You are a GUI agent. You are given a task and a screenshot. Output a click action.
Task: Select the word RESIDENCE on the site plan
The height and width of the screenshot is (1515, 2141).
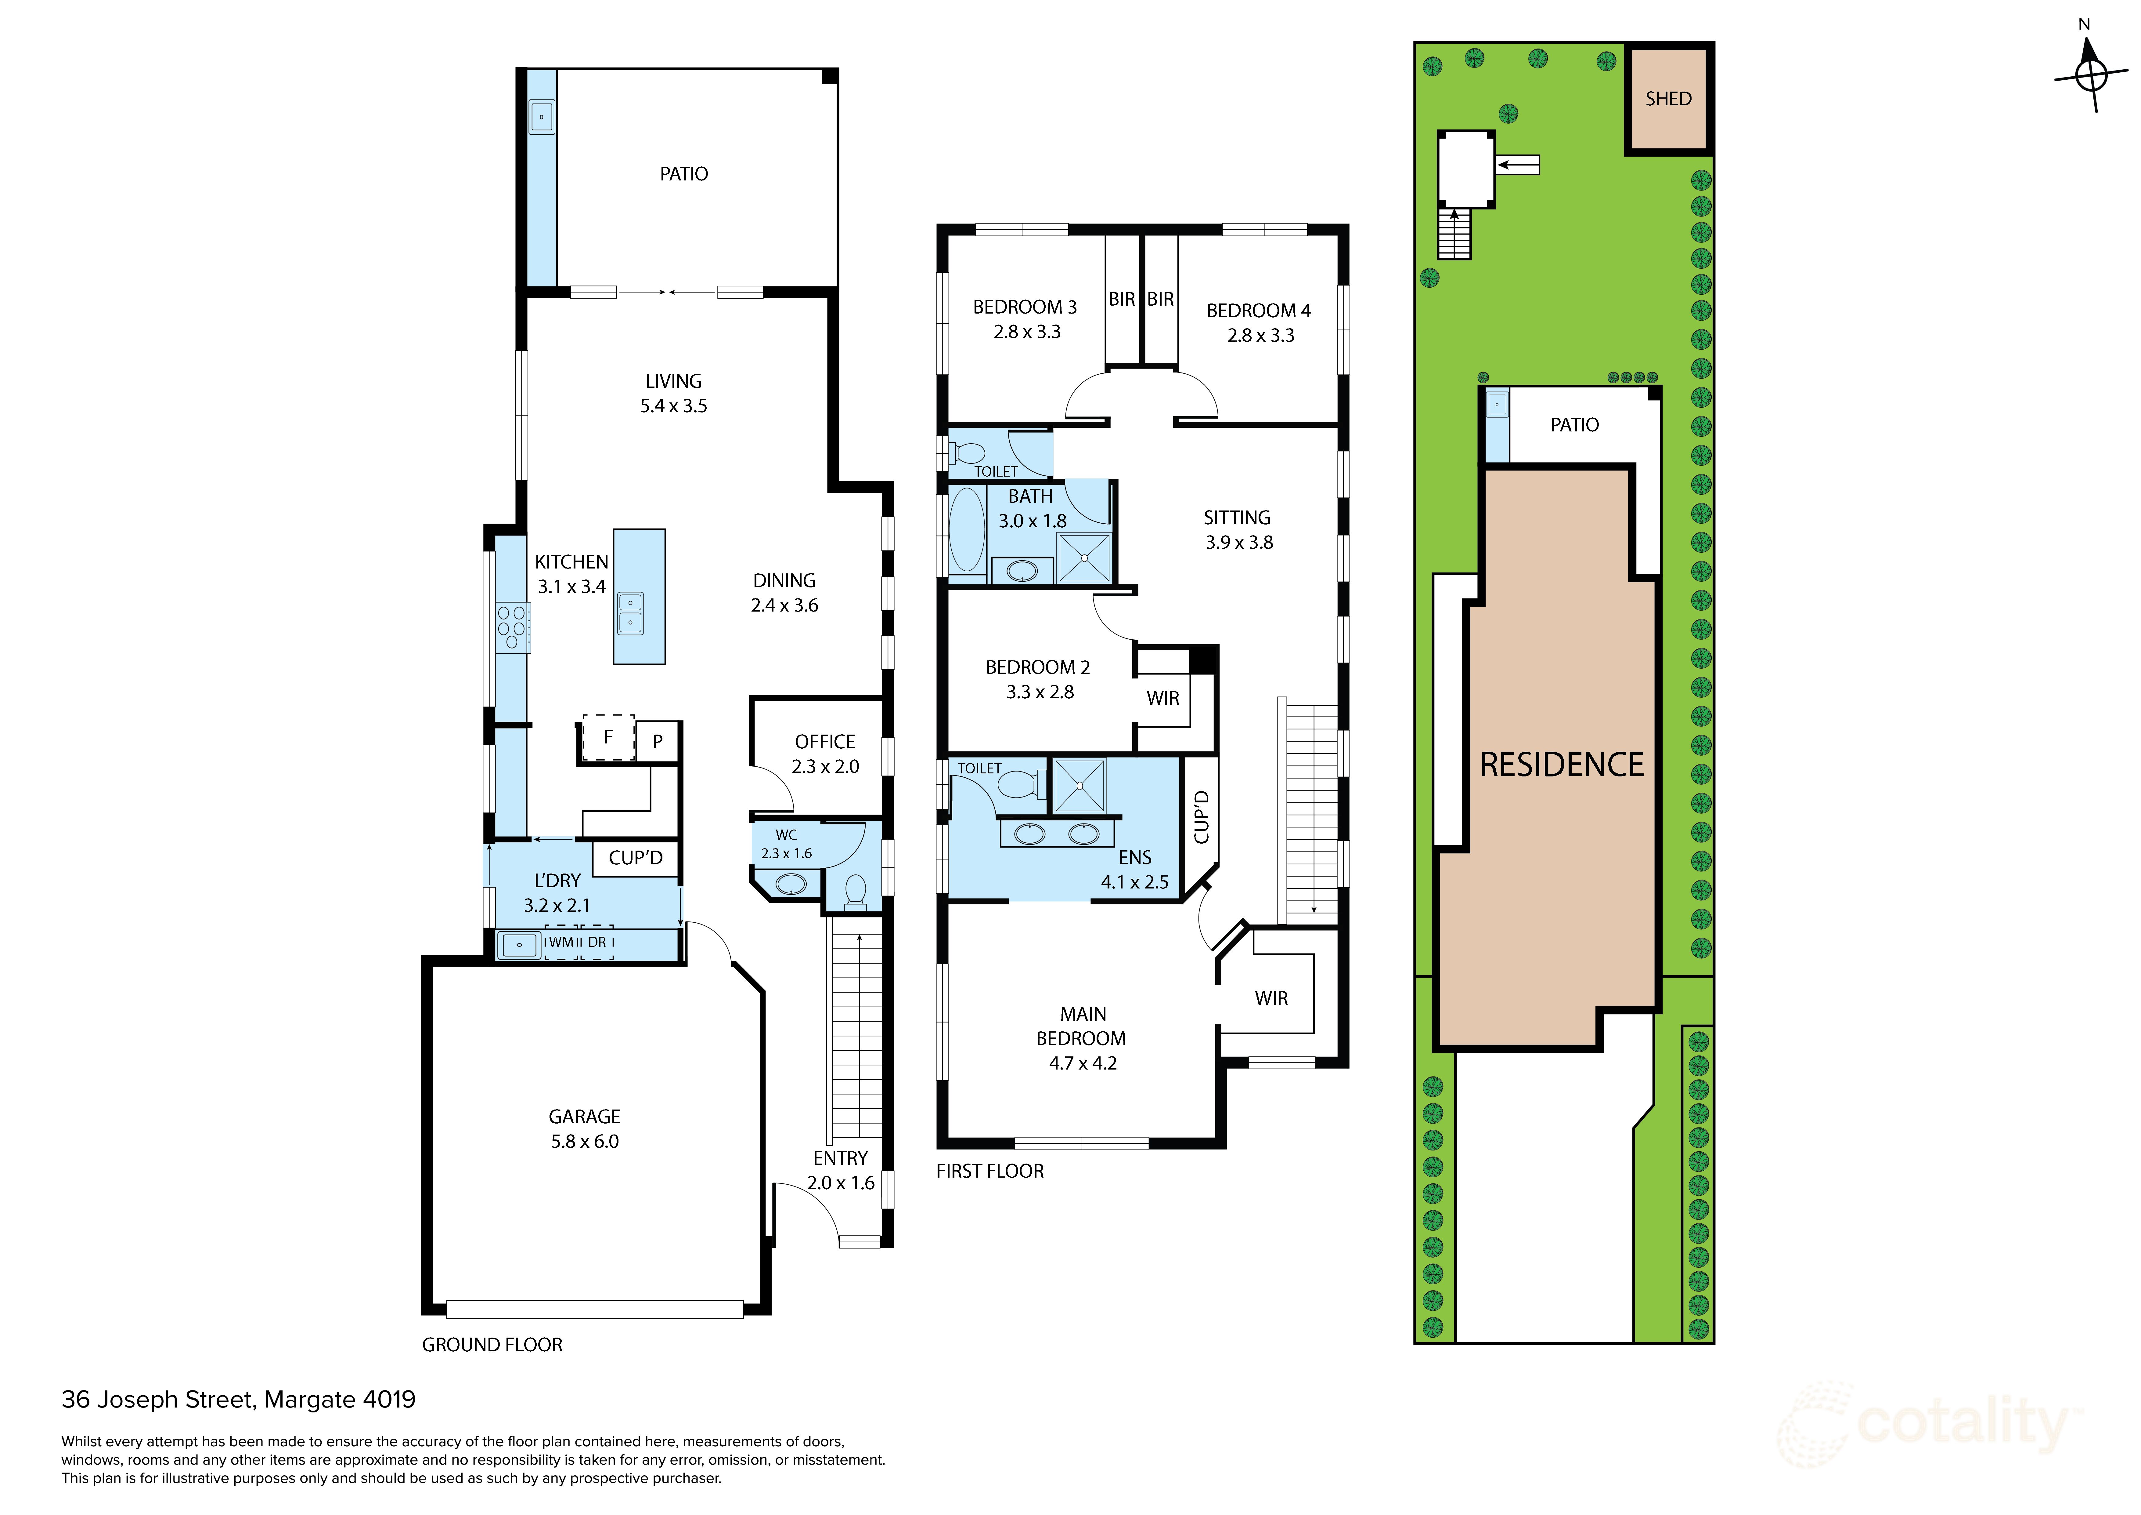(1562, 765)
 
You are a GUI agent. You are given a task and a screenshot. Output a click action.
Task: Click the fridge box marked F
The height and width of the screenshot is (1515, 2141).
(608, 737)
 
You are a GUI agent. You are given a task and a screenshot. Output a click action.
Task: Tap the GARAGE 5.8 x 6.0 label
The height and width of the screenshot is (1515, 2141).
(585, 1129)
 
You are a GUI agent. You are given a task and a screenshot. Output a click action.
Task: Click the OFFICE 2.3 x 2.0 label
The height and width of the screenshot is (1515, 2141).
(825, 754)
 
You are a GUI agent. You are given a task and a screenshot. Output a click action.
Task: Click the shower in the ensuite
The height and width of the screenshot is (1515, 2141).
(1079, 786)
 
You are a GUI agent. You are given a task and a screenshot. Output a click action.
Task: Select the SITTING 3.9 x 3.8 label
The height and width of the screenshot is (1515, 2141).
(1238, 530)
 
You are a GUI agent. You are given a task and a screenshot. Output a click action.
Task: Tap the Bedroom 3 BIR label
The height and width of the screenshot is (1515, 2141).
(1122, 300)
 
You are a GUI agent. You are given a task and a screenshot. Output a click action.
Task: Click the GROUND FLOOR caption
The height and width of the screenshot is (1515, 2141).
(492, 1344)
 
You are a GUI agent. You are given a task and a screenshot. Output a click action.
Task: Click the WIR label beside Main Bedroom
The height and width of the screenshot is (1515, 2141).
(1271, 998)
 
